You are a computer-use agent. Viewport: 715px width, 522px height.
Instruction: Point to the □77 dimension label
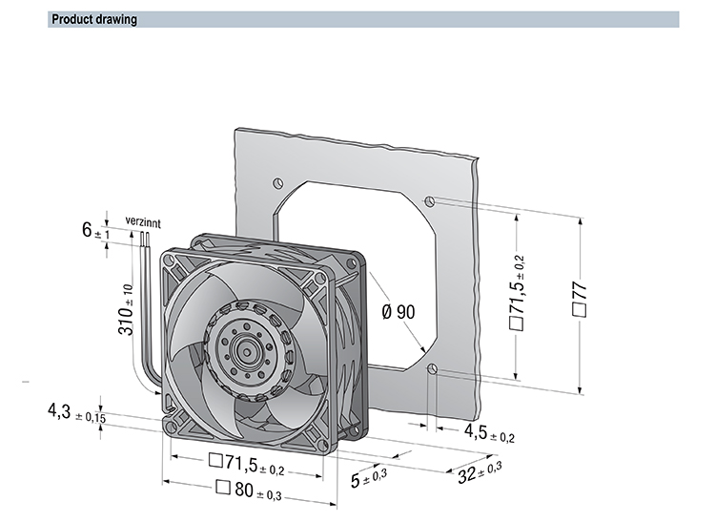point(579,300)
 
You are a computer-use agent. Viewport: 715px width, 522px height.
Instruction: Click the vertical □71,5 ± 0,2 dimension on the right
point(517,294)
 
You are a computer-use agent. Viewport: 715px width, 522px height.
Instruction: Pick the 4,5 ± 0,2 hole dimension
point(489,436)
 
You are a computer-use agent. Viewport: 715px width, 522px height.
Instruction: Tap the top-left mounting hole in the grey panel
point(276,180)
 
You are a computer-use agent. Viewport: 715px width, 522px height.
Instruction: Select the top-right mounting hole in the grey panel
point(431,201)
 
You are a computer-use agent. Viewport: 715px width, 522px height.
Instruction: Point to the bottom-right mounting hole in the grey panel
point(432,369)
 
